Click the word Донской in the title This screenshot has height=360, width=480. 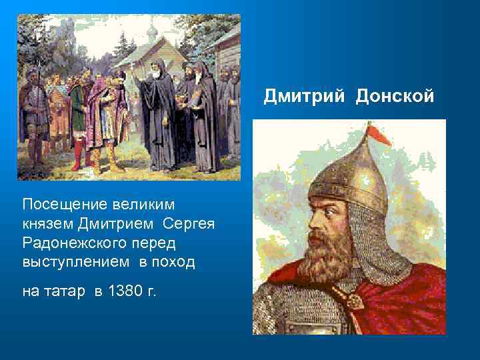[395, 97]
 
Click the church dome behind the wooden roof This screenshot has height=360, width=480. [151, 31]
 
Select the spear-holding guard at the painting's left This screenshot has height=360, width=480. [31, 107]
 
